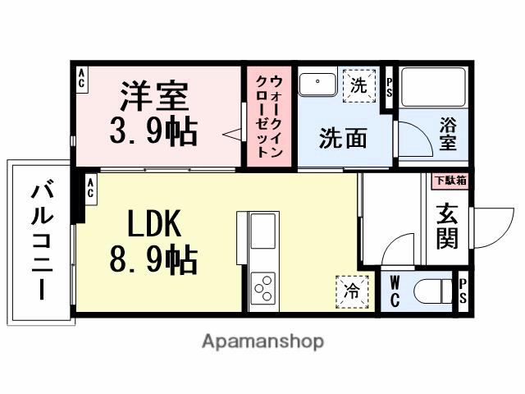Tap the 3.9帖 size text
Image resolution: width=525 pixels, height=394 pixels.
[x=154, y=130]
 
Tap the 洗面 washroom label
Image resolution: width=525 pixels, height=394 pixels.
[x=343, y=137]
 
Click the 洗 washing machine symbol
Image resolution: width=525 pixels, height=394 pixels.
[x=358, y=85]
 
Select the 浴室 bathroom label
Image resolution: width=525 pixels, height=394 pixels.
[x=447, y=135]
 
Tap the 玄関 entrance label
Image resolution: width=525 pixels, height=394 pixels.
[x=448, y=226]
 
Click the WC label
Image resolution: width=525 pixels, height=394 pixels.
[x=395, y=291]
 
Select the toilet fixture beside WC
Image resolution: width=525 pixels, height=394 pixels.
[x=431, y=291]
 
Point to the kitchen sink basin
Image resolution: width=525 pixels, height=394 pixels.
[x=263, y=231]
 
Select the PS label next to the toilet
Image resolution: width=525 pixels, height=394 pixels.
[x=463, y=291]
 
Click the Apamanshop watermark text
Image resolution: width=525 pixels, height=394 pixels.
[x=262, y=341]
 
